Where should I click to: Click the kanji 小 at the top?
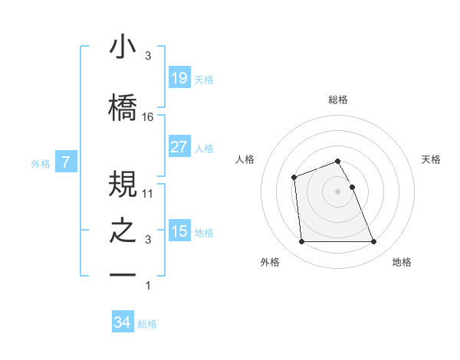point(123,47)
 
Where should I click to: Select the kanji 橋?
point(123,107)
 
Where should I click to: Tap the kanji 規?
point(123,185)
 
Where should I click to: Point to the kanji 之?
point(123,231)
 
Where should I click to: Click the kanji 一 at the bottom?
point(123,274)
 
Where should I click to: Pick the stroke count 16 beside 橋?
point(148,117)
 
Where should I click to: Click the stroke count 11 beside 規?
point(148,195)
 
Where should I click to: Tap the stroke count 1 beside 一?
point(148,286)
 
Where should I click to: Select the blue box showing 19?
point(179,78)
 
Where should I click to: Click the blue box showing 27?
point(179,147)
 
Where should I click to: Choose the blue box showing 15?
point(179,231)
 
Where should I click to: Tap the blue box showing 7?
point(66,162)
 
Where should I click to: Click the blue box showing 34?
point(122,323)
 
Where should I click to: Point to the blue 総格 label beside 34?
point(147,324)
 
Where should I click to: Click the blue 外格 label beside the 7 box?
point(41,163)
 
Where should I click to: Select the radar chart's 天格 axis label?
point(432,159)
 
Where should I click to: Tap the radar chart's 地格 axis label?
point(402,262)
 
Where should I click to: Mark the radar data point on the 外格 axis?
point(301,242)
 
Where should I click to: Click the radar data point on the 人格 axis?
point(294,178)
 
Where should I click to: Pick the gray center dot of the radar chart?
point(337,191)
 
